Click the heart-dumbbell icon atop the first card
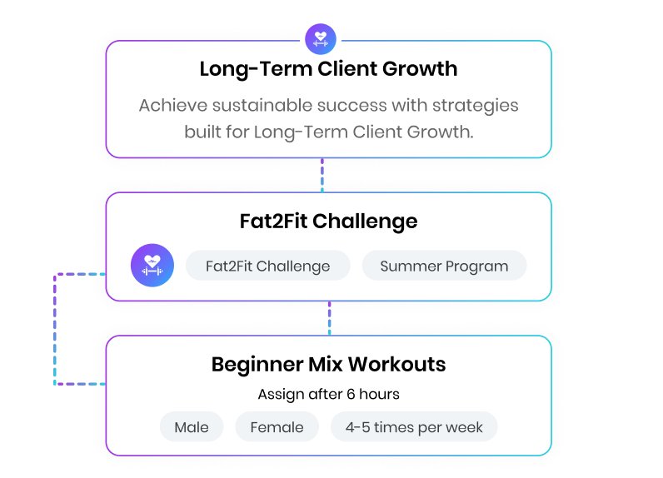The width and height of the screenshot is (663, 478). (x=321, y=39)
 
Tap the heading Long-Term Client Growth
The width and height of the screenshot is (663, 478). (x=328, y=69)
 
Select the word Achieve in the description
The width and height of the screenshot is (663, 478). (x=173, y=105)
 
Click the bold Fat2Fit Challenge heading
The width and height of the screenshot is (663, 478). (x=328, y=222)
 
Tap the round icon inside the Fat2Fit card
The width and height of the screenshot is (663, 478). (x=152, y=266)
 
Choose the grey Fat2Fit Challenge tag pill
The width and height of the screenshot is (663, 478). (x=268, y=266)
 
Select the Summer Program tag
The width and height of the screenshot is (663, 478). (x=444, y=266)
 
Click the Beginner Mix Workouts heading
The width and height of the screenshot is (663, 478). (x=328, y=364)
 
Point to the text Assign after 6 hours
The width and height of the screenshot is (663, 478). (x=328, y=395)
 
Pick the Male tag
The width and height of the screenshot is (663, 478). (x=192, y=427)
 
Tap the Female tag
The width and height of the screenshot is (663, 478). (x=277, y=427)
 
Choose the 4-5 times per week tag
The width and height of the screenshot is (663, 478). (x=414, y=427)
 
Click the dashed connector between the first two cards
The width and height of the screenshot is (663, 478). (x=322, y=175)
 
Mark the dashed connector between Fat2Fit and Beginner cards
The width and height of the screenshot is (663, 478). (x=329, y=318)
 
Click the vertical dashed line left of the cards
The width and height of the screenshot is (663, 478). (x=55, y=329)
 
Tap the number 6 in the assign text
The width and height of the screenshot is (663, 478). (x=351, y=395)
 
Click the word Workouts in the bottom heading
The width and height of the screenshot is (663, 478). (x=396, y=364)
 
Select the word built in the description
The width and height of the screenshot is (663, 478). (x=202, y=132)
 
